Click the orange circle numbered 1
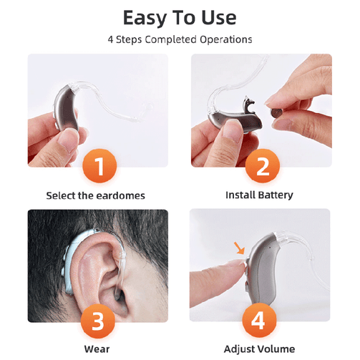click(99, 166)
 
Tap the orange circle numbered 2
click(263, 166)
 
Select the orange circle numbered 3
click(98, 321)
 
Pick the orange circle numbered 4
click(259, 321)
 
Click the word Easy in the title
click(145, 19)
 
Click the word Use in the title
click(219, 18)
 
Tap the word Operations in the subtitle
click(226, 39)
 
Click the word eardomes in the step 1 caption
click(121, 195)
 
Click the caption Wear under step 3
click(97, 349)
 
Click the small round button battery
click(276, 113)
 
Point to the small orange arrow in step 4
click(239, 248)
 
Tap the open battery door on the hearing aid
click(248, 104)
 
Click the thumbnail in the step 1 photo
click(68, 140)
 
